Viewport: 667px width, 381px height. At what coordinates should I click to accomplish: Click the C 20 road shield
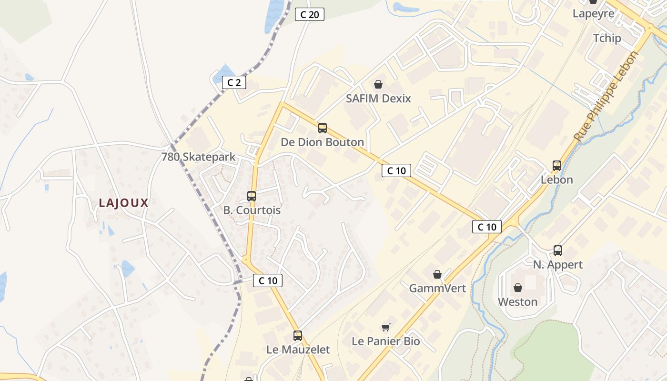309,14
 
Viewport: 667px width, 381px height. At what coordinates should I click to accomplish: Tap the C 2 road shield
234,82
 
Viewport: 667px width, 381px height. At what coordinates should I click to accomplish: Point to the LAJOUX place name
124,203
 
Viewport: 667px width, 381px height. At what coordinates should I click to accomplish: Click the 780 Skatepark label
198,157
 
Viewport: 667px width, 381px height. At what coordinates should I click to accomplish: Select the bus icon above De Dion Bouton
323,128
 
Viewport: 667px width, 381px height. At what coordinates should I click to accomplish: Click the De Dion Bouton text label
322,142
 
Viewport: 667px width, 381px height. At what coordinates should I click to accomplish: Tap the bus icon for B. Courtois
252,196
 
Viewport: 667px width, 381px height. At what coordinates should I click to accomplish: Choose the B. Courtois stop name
252,210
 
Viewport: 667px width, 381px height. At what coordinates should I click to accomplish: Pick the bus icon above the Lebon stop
557,166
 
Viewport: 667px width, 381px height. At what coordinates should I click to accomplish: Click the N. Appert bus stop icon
558,250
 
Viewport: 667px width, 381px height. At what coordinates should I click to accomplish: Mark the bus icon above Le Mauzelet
298,335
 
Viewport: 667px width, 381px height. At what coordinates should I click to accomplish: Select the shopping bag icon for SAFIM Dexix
378,84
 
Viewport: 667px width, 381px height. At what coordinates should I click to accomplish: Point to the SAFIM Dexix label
378,99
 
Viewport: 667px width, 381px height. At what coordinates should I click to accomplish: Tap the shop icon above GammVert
437,274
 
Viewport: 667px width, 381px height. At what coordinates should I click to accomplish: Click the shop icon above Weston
518,288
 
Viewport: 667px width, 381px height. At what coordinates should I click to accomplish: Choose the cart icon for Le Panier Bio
386,327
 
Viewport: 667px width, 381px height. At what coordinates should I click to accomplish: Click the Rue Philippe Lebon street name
606,97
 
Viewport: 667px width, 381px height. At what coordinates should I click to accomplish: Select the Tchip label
607,38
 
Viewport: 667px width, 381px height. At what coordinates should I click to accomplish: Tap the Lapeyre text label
593,13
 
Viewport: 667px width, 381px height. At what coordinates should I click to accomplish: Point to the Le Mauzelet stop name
298,350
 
